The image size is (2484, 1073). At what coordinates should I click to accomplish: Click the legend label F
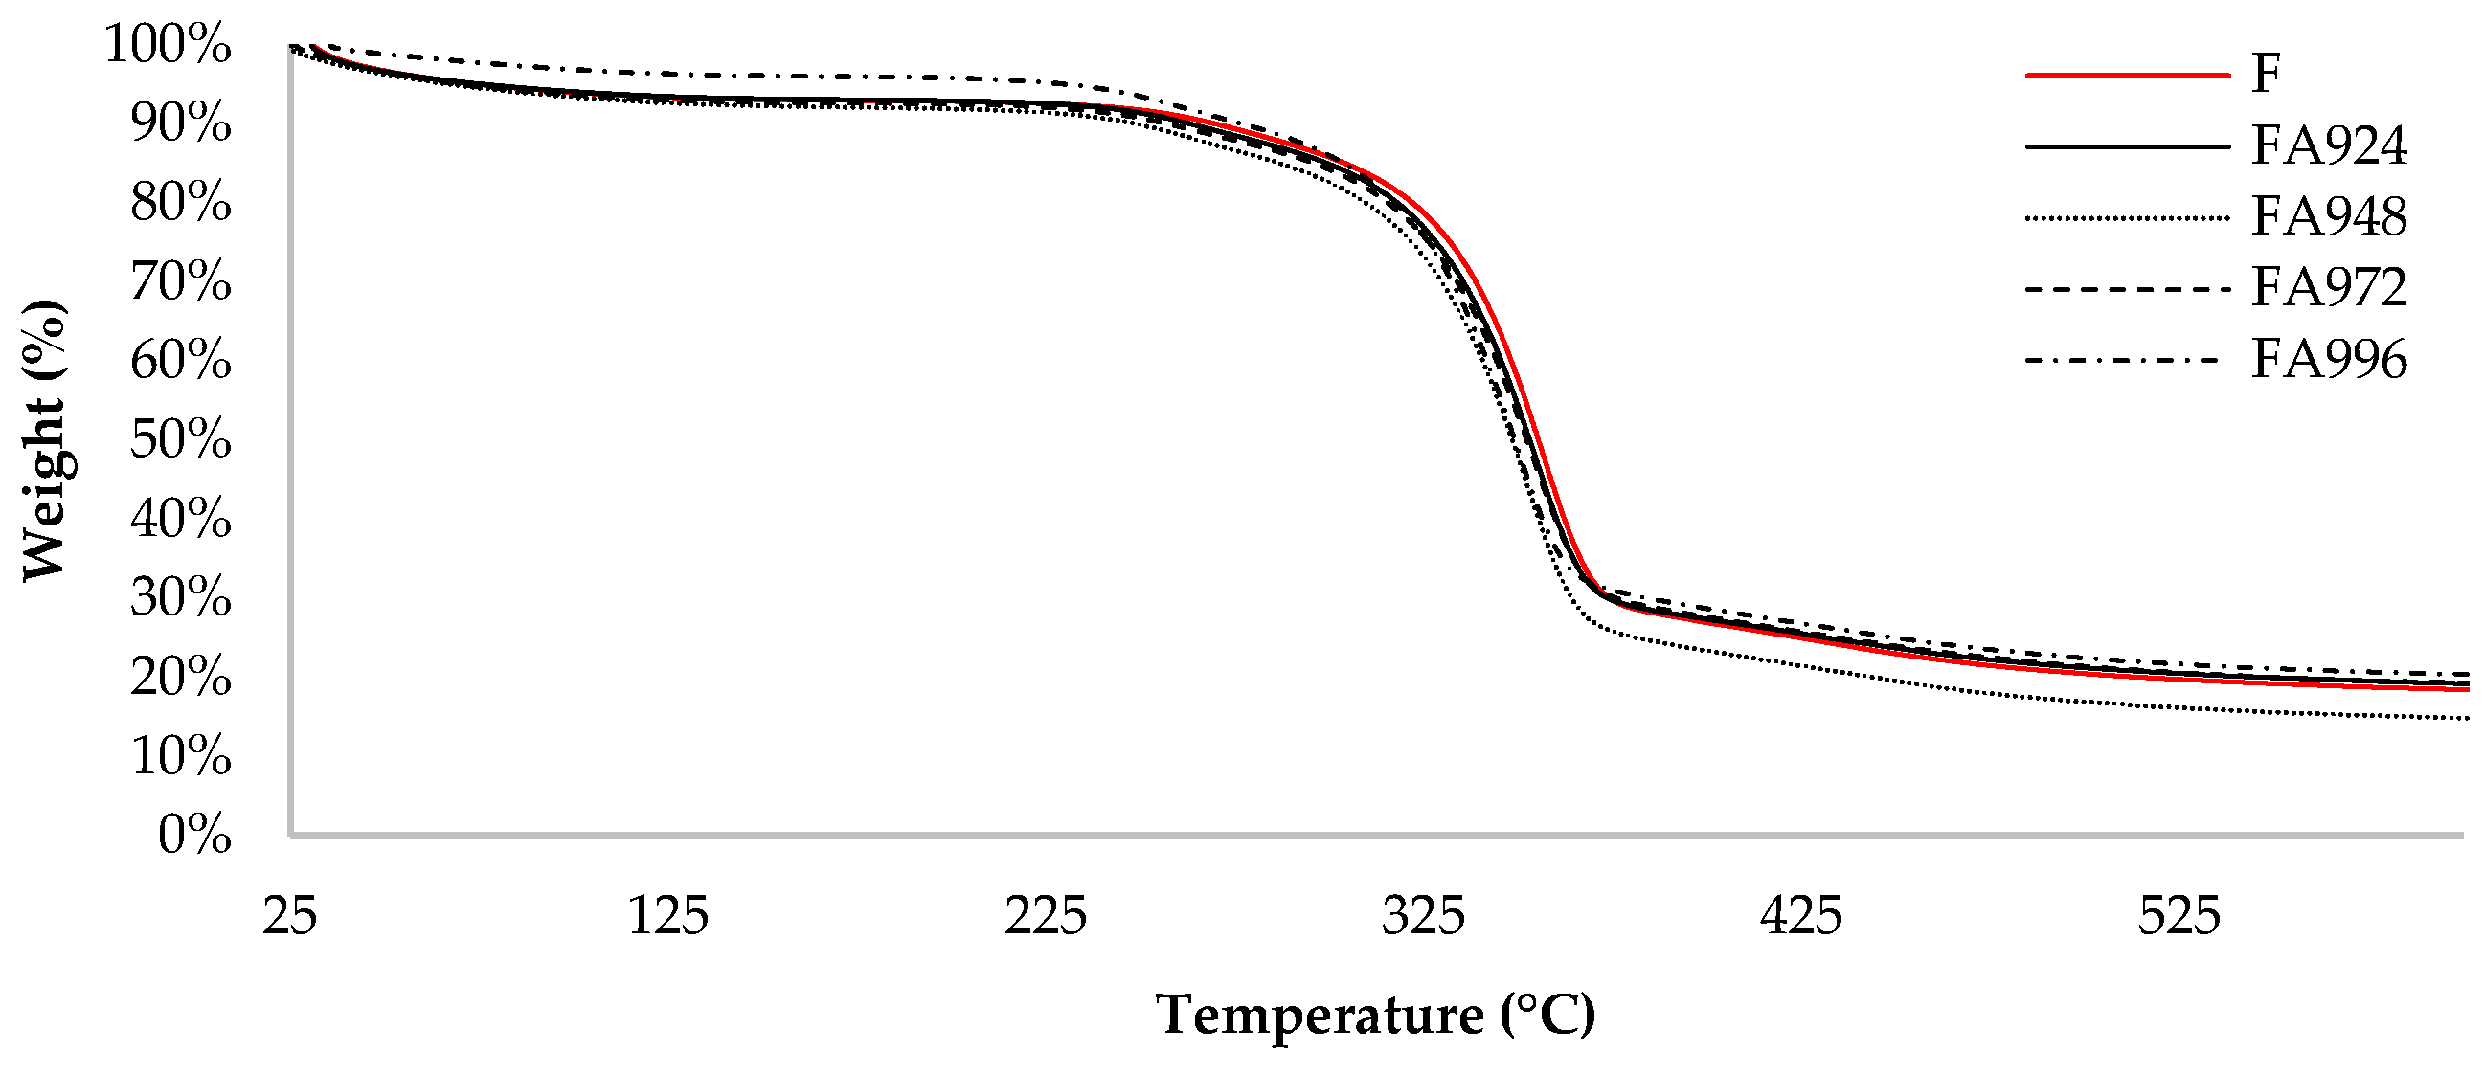click(2266, 74)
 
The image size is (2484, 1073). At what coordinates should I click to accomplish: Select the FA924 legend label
click(2329, 145)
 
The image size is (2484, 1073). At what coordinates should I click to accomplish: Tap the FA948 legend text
click(2329, 217)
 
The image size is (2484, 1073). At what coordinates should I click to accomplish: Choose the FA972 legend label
click(2329, 287)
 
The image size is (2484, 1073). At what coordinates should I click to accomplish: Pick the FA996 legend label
click(2329, 360)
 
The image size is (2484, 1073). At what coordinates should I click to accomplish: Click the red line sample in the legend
click(2127, 75)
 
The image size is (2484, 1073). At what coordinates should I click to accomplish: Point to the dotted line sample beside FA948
click(2127, 219)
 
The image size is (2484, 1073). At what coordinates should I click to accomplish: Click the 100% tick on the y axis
click(168, 44)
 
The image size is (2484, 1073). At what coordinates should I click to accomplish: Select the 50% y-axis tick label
click(181, 439)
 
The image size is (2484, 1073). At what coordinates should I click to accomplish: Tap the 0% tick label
click(194, 835)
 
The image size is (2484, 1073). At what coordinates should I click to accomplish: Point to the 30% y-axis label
click(181, 597)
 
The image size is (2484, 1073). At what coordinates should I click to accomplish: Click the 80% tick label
click(181, 203)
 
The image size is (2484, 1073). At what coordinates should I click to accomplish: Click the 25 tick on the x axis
click(289, 915)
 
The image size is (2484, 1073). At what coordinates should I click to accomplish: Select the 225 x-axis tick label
click(1046, 915)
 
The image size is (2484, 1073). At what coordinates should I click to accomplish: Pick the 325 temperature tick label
click(1423, 915)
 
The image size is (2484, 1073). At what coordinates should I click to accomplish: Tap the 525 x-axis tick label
click(2179, 915)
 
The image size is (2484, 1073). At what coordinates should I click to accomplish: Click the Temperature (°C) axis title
click(1376, 1016)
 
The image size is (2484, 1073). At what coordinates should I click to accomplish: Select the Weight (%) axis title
click(44, 439)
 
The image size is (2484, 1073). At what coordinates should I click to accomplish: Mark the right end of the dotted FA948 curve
click(2465, 718)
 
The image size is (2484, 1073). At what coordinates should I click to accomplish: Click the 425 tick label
click(1801, 915)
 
